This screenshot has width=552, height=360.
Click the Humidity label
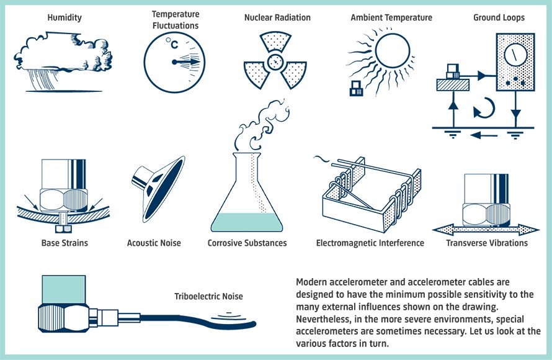tap(65, 17)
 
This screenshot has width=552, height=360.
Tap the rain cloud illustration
tap(63, 61)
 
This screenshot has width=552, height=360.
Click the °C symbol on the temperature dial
tap(172, 43)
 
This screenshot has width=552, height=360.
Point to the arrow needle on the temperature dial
tap(186, 61)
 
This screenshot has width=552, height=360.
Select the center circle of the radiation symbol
tap(275, 63)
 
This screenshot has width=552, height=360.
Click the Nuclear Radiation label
tap(277, 17)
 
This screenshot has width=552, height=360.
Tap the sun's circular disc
tap(393, 51)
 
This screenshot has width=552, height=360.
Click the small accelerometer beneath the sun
tap(356, 88)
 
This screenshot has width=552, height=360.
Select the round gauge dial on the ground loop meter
tap(515, 55)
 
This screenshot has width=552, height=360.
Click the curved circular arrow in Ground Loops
tap(484, 107)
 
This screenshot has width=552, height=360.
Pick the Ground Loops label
tap(499, 17)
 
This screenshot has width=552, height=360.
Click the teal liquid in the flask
tap(246, 222)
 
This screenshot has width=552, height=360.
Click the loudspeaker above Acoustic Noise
tap(159, 189)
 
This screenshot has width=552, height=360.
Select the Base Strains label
tap(65, 243)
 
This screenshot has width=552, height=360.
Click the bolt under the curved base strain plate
tap(63, 223)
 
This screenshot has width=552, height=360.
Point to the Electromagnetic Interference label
tap(370, 243)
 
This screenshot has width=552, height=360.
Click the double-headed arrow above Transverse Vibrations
tap(486, 230)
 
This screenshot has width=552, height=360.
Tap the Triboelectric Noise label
tap(208, 296)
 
